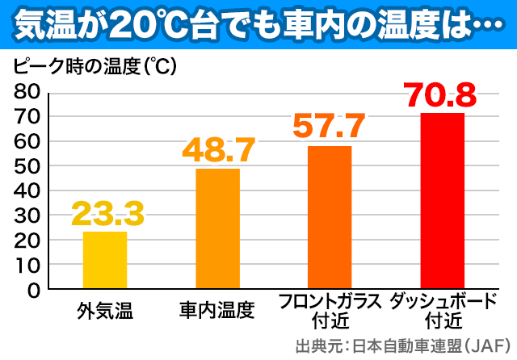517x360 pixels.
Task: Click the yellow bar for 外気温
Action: tap(105, 260)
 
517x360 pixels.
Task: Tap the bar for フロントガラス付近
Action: tap(329, 217)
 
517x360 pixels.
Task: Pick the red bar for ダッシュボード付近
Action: tap(442, 201)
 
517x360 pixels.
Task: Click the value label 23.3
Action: tap(107, 214)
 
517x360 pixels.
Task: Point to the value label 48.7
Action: tap(218, 150)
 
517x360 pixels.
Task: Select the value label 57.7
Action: tap(329, 126)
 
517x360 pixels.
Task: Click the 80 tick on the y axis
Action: tap(27, 91)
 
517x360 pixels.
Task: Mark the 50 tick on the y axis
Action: tap(27, 165)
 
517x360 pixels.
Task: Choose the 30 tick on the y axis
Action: tap(27, 216)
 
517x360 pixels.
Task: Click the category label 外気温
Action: tap(105, 309)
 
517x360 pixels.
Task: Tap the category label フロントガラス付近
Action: tap(329, 311)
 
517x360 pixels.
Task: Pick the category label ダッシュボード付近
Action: tap(442, 311)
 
